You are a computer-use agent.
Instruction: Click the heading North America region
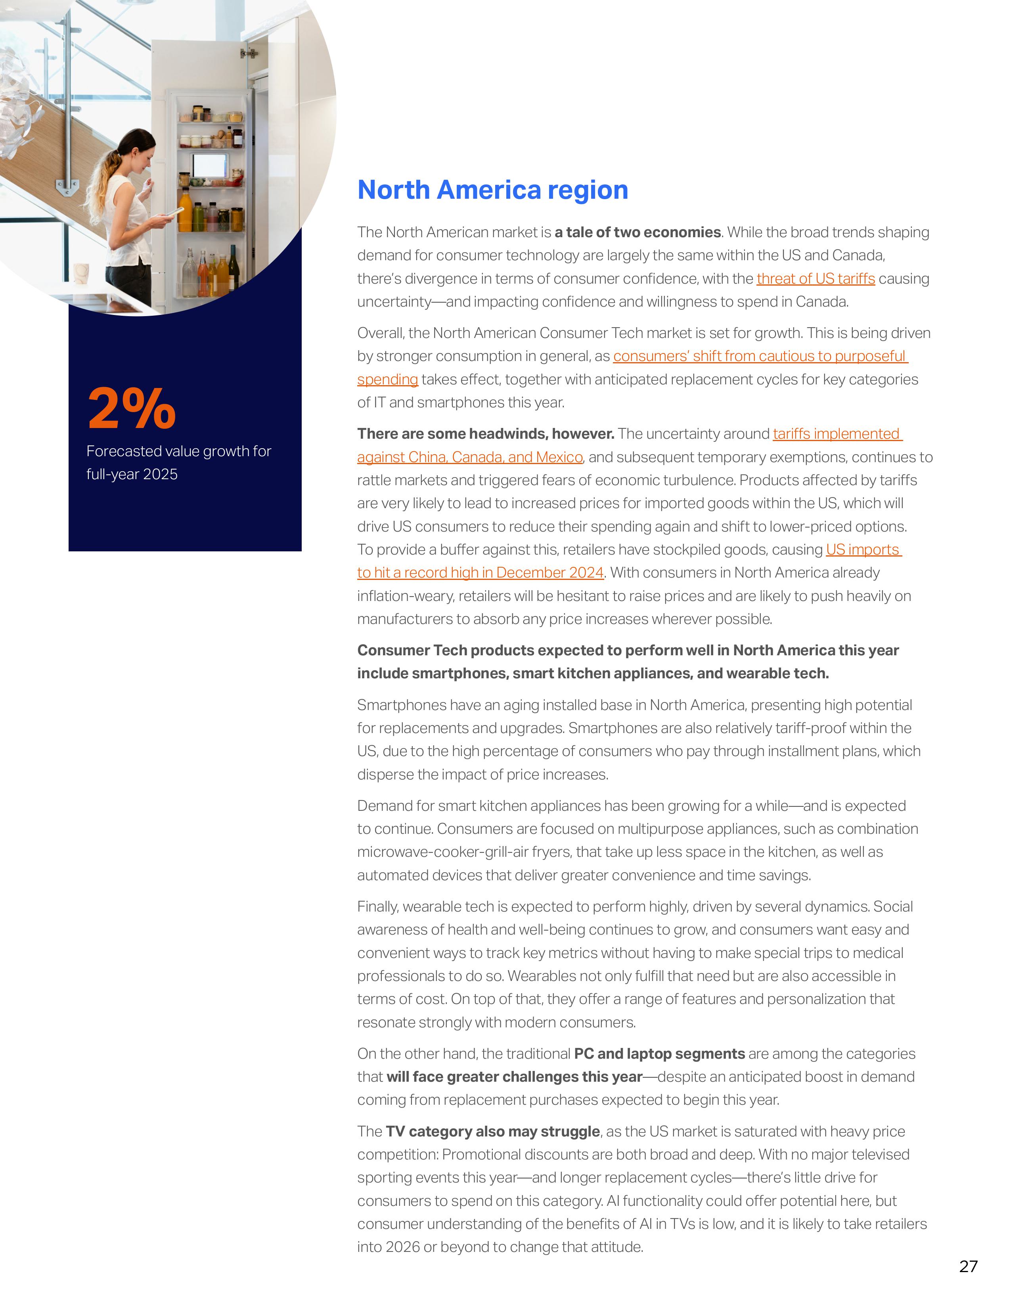[492, 190]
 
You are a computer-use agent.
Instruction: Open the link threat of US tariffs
[815, 279]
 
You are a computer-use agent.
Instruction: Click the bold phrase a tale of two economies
[637, 232]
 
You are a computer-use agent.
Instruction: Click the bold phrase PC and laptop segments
[659, 1054]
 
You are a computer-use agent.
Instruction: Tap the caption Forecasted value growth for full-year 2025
[178, 462]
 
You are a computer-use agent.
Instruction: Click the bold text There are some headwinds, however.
[486, 434]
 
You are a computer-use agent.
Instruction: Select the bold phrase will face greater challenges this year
[514, 1077]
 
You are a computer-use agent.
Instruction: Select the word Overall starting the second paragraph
[380, 333]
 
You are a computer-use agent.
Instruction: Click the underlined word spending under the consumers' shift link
[387, 379]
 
